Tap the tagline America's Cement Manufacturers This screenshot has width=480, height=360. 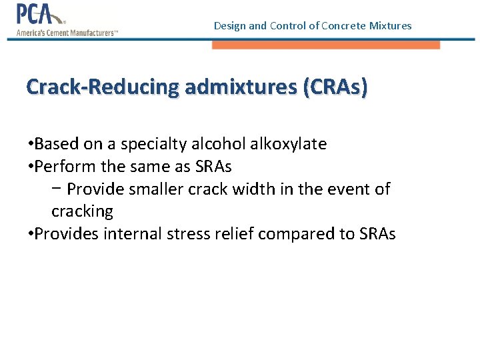[67, 31]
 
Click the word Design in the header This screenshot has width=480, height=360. [229, 26]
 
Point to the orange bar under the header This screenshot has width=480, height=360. [326, 45]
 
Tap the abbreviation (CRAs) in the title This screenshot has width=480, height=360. [334, 87]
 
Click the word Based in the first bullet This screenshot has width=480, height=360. [55, 144]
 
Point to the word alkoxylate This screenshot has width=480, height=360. [287, 144]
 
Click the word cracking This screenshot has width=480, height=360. [82, 212]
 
